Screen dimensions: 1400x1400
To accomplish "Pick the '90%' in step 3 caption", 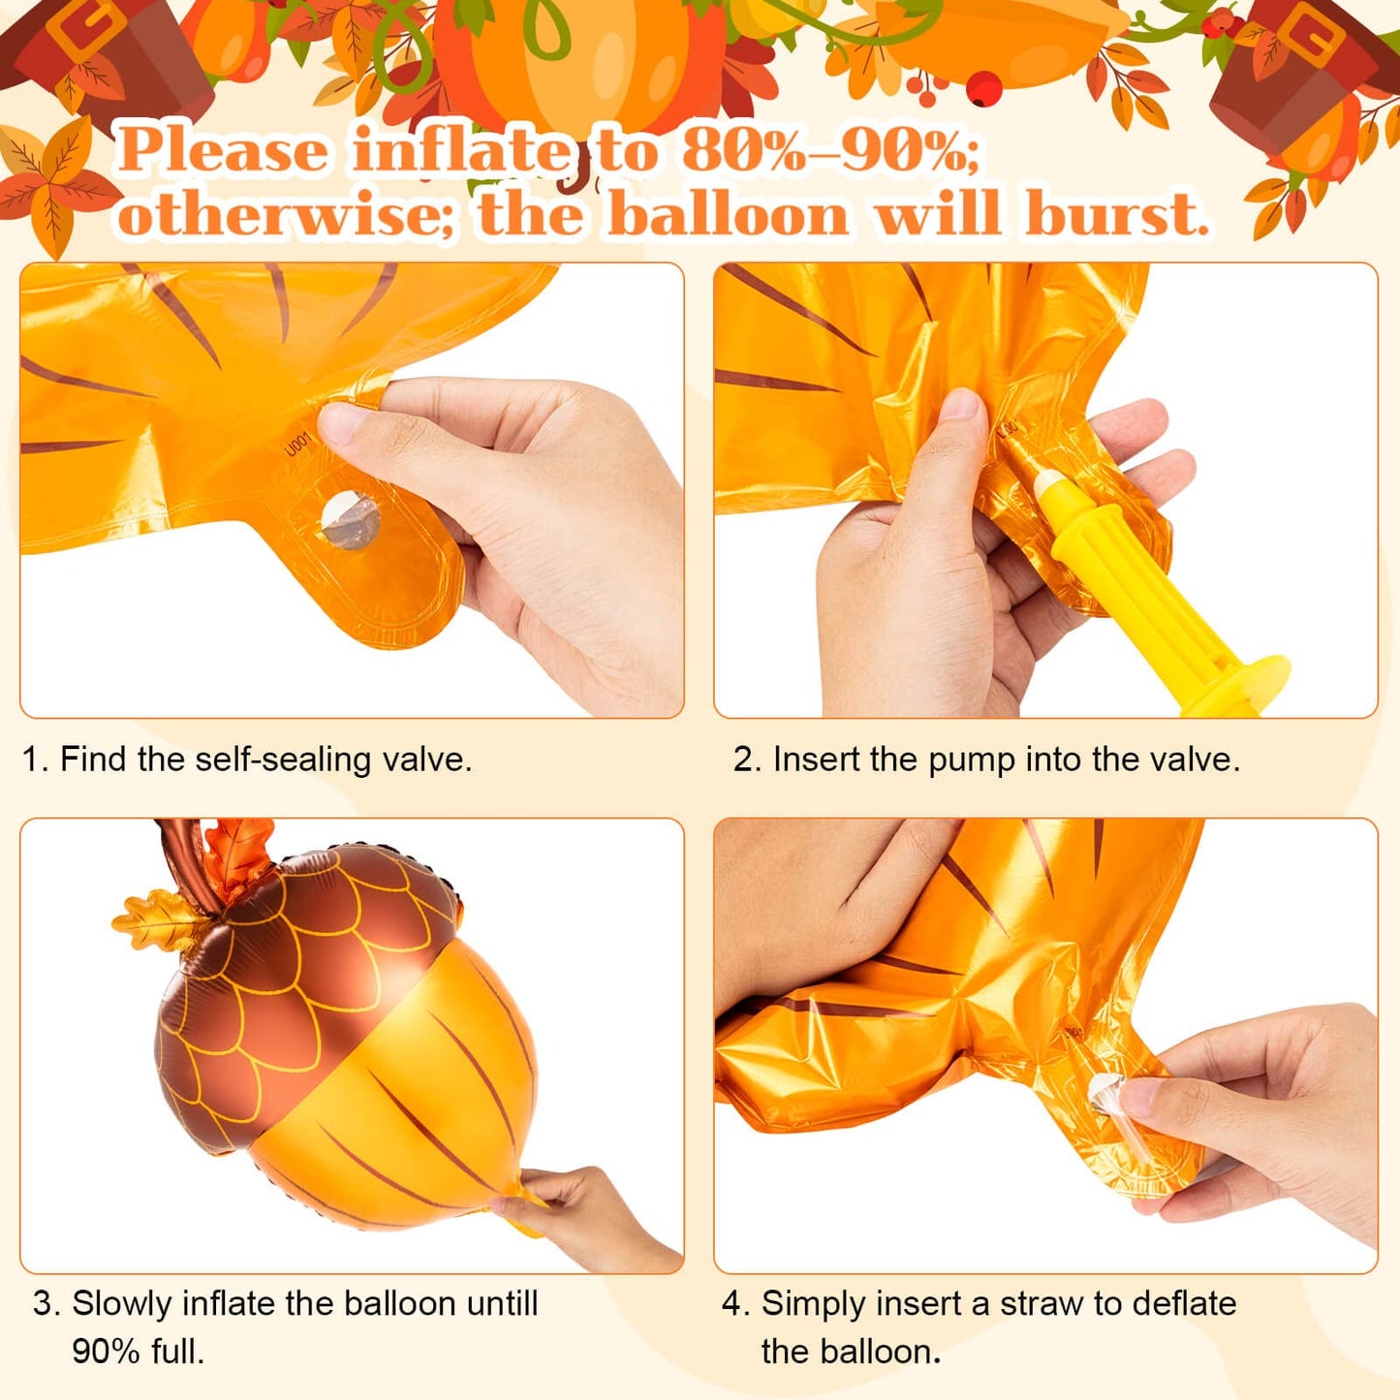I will [x=105, y=1351].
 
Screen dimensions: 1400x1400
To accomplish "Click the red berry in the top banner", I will [x=985, y=90].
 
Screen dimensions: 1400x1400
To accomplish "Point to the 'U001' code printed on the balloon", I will [x=296, y=444].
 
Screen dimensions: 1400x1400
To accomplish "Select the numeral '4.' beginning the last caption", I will [x=736, y=1304].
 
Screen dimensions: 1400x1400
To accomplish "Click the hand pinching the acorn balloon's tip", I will [x=581, y=1216].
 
